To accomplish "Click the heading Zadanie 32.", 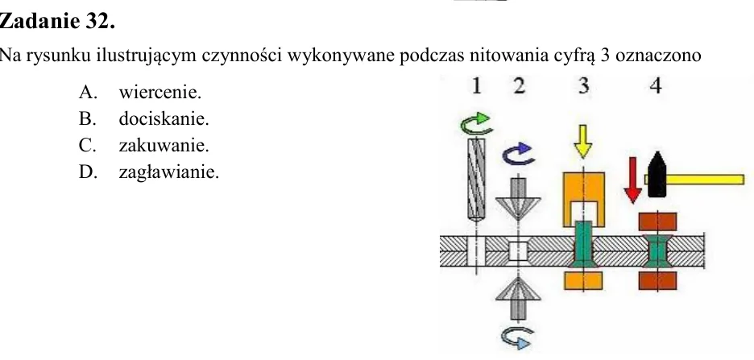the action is point(57,22).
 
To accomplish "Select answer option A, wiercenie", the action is point(140,92).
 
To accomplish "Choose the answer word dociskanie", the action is point(164,118).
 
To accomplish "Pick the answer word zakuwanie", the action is point(164,145).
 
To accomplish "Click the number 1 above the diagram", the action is point(477,85).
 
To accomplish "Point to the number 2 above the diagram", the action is point(519,85).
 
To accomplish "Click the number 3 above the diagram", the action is point(584,85).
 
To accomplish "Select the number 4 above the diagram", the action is point(656,85).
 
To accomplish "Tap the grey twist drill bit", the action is point(477,180).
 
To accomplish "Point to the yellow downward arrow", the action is point(583,141).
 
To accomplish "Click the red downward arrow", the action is point(633,180).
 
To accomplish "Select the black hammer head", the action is point(657,175).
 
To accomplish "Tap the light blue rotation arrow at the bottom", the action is point(517,338).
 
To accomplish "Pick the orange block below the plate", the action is point(583,281).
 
